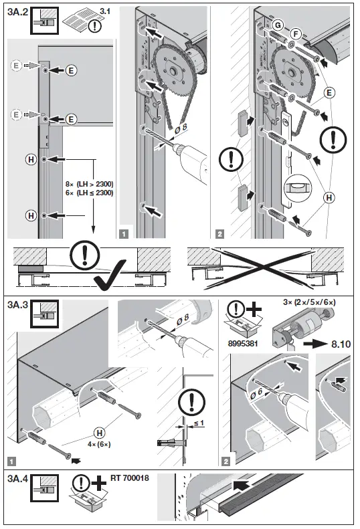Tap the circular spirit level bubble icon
tap(296, 186)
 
